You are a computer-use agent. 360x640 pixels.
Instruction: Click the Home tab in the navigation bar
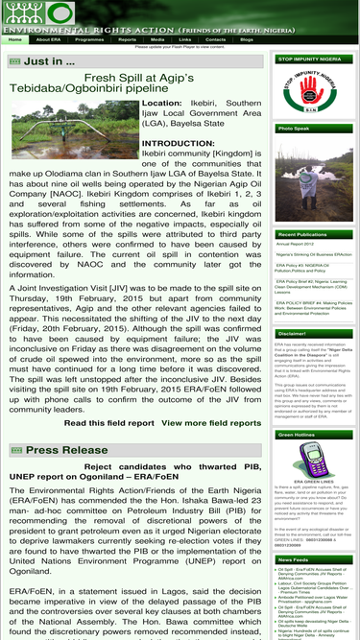click(x=14, y=39)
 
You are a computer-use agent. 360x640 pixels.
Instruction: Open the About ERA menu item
click(x=49, y=39)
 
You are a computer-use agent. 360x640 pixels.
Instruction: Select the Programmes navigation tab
click(x=89, y=39)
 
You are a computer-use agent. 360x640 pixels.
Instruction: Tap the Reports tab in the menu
click(x=127, y=39)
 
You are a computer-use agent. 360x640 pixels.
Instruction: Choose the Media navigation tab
click(x=157, y=39)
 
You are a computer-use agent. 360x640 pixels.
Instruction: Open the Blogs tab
click(x=247, y=39)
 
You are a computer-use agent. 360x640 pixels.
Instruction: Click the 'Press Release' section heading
click(x=67, y=449)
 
